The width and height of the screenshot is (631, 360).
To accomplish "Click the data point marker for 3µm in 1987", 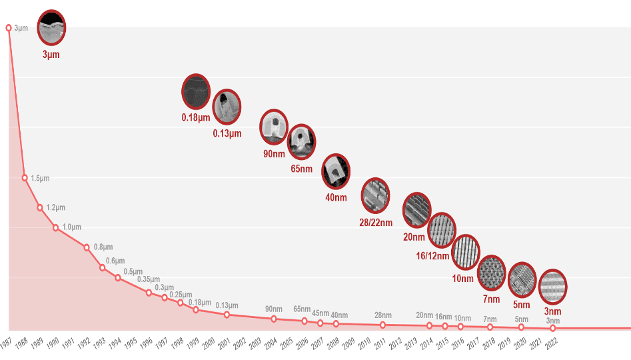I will click(9, 28).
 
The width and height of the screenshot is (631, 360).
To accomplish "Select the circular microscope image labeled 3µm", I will click(51, 27).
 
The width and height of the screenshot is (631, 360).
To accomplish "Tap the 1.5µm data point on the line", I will click(25, 178).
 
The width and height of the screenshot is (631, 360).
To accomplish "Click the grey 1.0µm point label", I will click(71, 227).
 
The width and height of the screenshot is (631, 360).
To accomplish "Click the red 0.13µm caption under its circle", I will click(227, 133).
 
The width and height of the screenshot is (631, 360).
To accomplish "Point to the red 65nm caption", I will click(301, 169).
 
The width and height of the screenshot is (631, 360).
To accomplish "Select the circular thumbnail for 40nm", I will click(336, 172).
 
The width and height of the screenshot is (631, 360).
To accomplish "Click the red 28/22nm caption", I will click(375, 221).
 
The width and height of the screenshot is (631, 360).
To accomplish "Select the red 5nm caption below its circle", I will click(522, 305).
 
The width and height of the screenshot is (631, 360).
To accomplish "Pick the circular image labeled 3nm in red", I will click(552, 287).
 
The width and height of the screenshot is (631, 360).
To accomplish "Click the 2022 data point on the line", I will click(552, 328).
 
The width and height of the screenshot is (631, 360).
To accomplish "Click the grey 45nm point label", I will click(320, 313).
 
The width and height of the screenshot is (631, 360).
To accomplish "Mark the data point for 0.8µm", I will click(87, 247).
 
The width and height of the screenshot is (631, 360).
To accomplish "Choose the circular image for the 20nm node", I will click(417, 209).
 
